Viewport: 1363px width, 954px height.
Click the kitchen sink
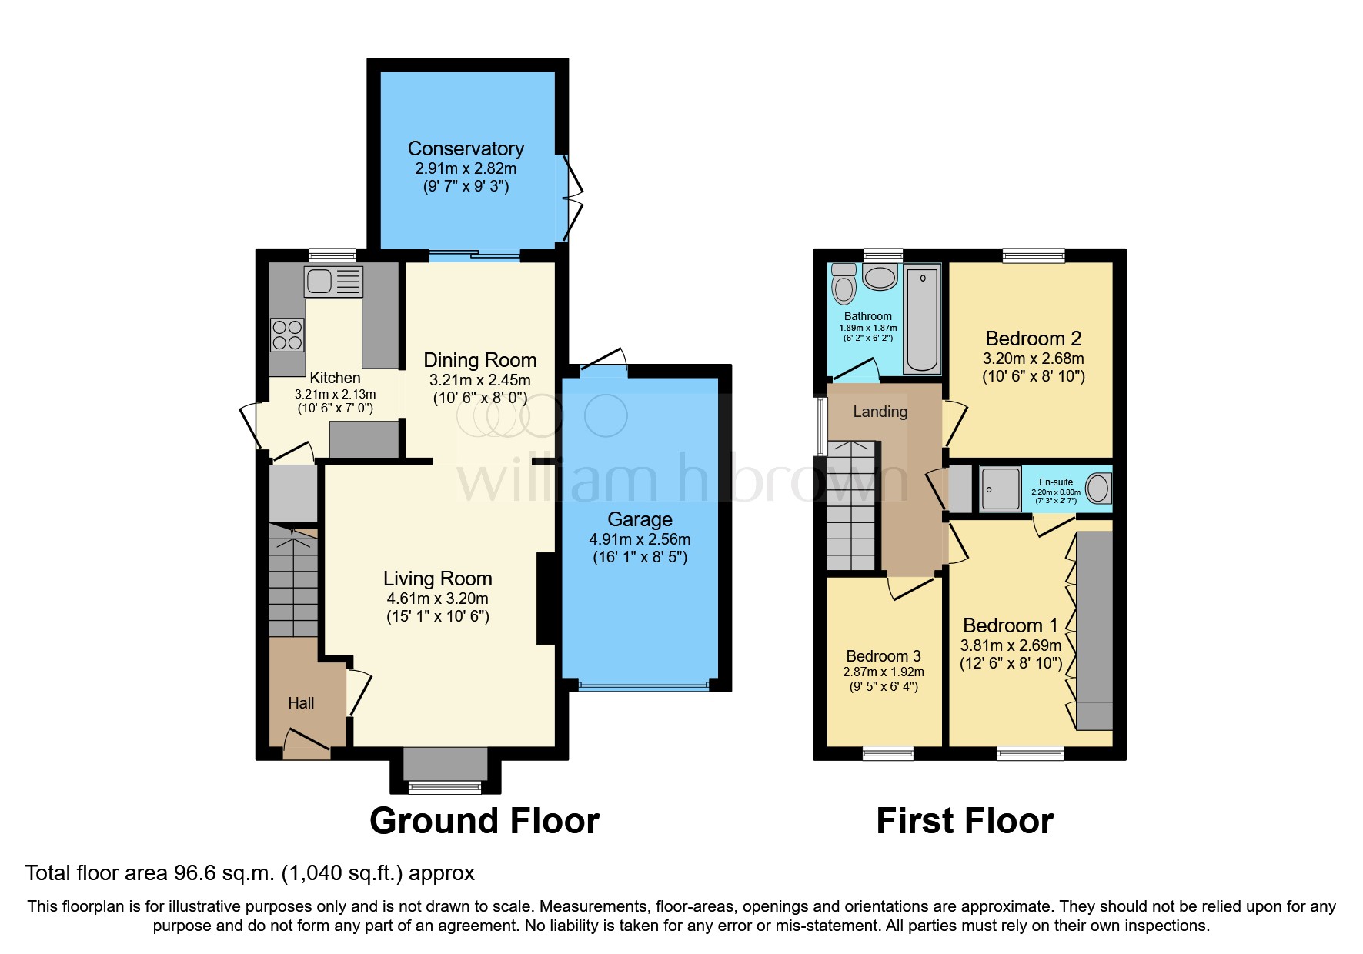333,282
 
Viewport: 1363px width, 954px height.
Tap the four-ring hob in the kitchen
287,335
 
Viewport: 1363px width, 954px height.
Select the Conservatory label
466,148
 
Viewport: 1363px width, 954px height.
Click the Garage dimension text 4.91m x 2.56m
640,539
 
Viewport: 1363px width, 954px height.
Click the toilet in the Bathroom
844,285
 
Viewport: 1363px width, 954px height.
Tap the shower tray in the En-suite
1001,489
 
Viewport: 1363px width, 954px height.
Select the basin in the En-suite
1099,488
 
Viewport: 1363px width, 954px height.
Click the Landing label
880,412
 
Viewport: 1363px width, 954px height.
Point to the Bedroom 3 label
883,656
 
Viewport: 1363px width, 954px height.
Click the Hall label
301,703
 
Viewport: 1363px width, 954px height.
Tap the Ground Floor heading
484,821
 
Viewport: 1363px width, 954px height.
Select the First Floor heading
964,821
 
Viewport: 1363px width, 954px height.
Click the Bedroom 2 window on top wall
1034,255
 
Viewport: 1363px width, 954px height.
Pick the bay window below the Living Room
445,786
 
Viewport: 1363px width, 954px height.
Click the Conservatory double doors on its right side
573,197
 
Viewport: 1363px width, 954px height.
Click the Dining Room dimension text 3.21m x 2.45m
479,380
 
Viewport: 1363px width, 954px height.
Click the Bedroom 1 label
1010,625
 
